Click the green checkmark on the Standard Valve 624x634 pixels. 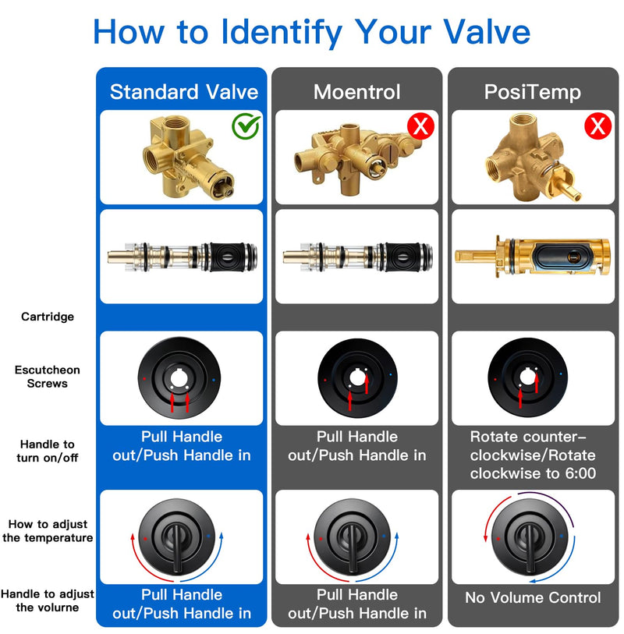tap(246, 126)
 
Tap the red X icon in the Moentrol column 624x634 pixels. tap(420, 126)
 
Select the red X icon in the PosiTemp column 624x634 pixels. tap(597, 126)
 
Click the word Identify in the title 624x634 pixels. tap(282, 32)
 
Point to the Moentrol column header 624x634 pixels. tap(356, 92)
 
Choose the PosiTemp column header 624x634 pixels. tap(533, 93)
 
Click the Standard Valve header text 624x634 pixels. tap(184, 92)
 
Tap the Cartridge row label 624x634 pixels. tap(48, 317)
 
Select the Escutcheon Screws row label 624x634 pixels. tap(48, 377)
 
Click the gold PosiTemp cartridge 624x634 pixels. tap(533, 257)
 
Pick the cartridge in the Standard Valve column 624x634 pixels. tap(182, 257)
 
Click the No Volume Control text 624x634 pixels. tap(533, 597)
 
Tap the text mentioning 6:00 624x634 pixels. tap(533, 455)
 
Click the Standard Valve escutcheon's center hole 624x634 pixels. tap(179, 379)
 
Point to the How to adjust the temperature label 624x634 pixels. tap(48, 531)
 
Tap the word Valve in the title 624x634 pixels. tap(487, 32)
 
